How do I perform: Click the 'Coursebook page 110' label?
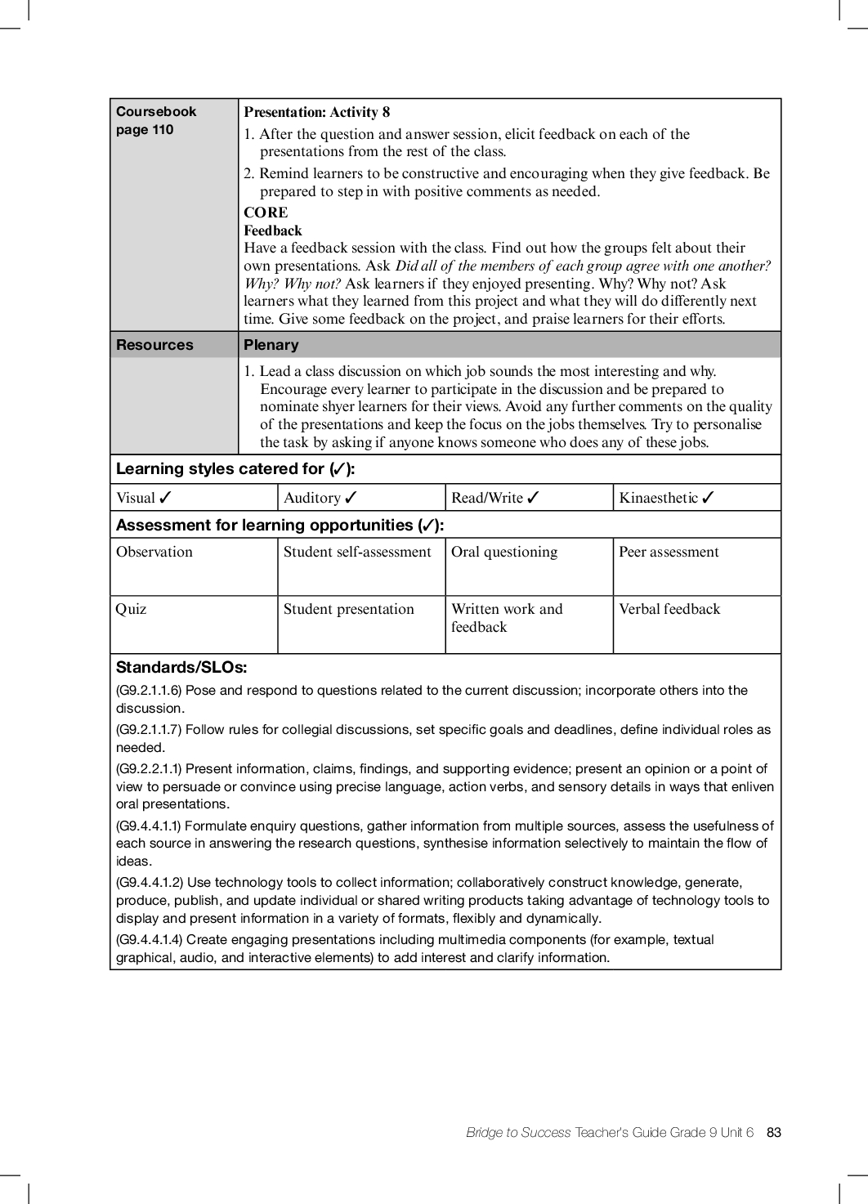click(155, 120)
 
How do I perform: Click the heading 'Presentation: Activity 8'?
click(316, 112)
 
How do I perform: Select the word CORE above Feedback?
click(266, 213)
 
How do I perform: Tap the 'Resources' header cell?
click(154, 345)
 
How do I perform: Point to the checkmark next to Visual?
click(165, 498)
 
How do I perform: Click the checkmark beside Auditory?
click(351, 498)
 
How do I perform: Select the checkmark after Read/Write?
click(533, 498)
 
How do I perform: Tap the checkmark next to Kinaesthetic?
click(708, 498)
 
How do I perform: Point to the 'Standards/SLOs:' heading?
click(181, 667)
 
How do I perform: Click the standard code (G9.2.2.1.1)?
click(149, 768)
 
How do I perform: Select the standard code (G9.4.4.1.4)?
click(150, 939)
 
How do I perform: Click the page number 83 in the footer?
click(773, 1132)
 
